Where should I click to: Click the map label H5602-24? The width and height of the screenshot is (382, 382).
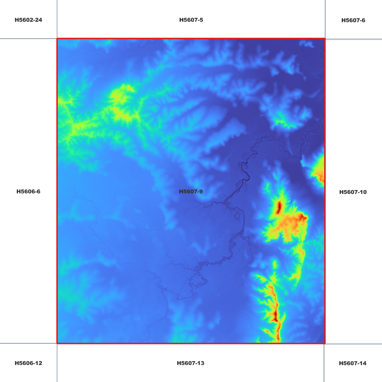(28, 20)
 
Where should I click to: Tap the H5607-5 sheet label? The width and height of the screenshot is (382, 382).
(191, 20)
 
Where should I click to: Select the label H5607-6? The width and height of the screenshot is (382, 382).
(353, 20)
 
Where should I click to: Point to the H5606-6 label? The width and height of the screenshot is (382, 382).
(28, 191)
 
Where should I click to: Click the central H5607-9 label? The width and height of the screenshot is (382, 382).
(191, 191)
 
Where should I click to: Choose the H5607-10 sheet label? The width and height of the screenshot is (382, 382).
(353, 192)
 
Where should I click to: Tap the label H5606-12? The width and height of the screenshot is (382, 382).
(28, 363)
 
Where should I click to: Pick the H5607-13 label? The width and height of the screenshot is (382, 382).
(190, 363)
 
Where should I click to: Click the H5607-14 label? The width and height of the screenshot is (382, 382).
(353, 363)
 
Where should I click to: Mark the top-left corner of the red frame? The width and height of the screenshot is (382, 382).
(57, 39)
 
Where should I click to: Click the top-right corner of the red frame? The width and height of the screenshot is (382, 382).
(325, 39)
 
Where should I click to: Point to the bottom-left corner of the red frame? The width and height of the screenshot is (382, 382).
(57, 343)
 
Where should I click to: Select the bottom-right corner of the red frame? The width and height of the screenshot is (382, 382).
(325, 343)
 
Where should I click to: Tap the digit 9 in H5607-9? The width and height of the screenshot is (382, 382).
(201, 191)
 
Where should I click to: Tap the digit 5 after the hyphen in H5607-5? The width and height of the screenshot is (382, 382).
(201, 20)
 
